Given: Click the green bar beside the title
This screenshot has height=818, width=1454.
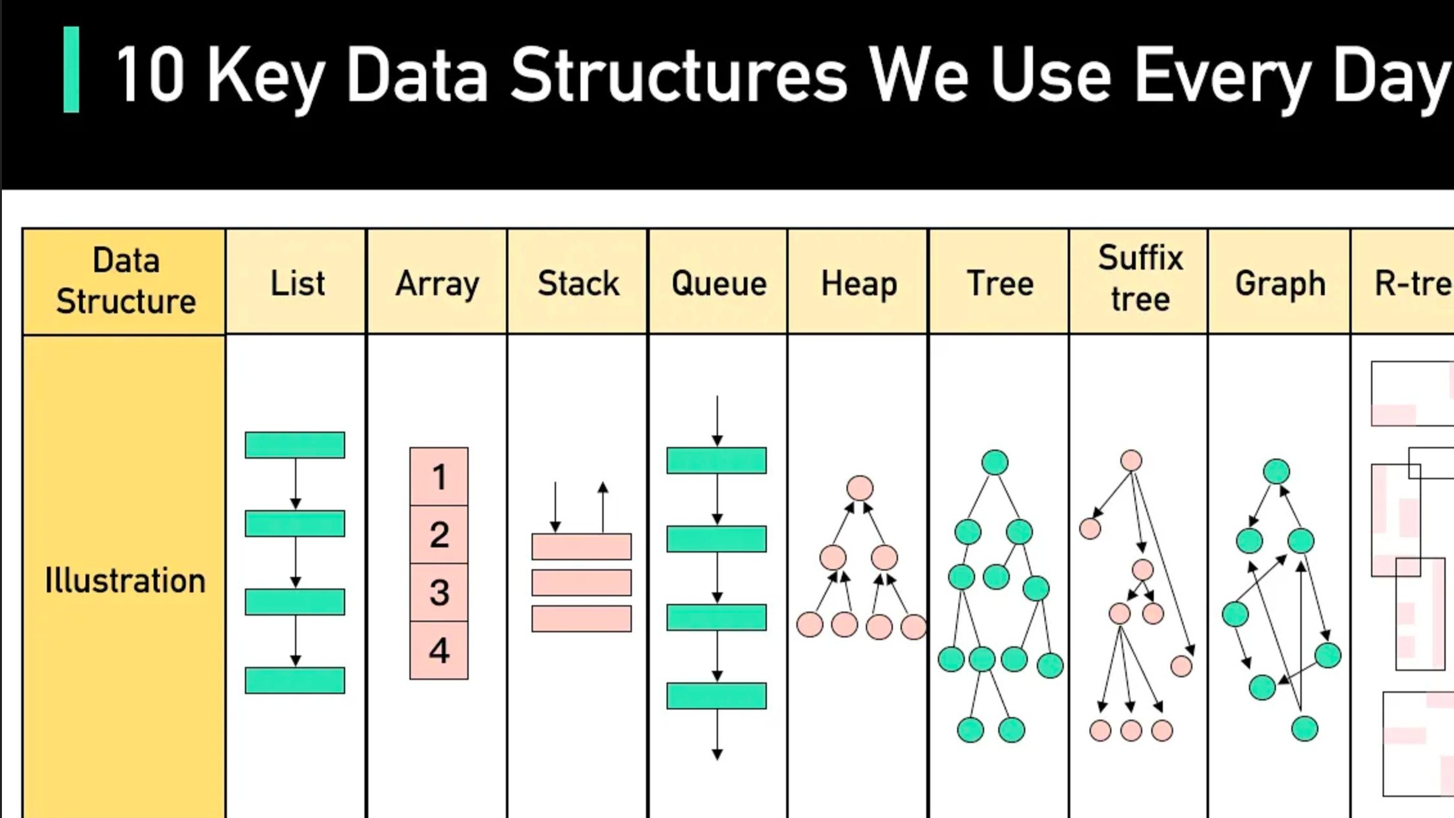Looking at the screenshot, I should coord(71,69).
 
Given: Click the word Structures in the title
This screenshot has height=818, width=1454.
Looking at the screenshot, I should coord(679,75).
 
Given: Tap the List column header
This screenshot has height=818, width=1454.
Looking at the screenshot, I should coord(297,284).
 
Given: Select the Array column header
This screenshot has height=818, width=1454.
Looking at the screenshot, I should coord(437,284).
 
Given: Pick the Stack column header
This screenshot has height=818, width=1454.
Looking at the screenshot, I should coord(578,284).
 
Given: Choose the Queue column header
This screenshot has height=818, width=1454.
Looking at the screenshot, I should coord(719,284).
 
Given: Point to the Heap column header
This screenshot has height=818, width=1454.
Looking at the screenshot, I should coord(859,284).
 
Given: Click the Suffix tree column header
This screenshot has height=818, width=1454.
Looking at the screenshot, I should coord(1140,278).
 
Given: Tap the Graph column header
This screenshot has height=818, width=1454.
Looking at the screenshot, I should coord(1280,284).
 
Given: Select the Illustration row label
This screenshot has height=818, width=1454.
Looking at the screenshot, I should coord(125,581).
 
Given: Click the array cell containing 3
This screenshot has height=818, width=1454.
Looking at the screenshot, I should coord(439,592).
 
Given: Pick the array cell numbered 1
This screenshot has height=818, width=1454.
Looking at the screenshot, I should coord(439,477).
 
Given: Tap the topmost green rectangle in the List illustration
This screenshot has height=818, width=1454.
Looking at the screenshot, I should coord(295,445).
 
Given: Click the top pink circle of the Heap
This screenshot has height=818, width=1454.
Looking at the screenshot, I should coord(860,488).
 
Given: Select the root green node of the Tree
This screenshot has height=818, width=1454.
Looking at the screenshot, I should coord(995,462).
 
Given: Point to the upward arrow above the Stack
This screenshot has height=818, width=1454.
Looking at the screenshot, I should coord(603,506).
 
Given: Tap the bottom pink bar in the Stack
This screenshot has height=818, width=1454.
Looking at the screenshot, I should coord(582,619).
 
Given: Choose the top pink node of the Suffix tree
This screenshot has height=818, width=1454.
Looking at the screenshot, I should coord(1131,460).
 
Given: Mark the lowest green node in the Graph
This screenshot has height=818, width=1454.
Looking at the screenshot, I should coord(1304,729).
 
